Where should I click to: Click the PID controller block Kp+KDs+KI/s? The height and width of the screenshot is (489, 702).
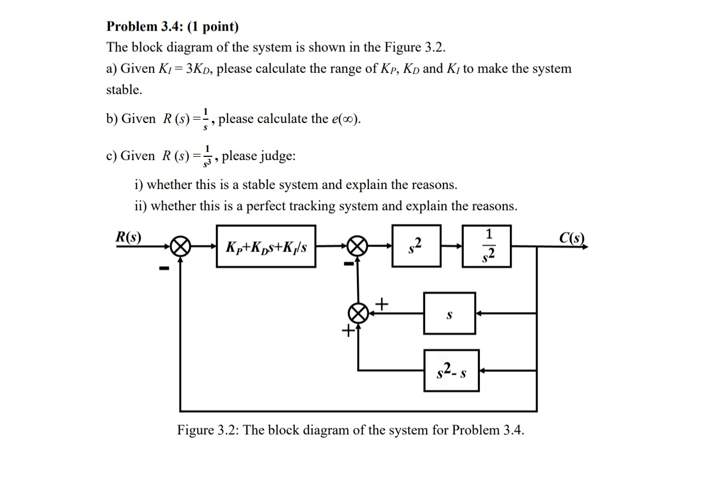pyautogui.click(x=266, y=247)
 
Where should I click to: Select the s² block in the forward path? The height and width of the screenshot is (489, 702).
pyautogui.click(x=416, y=246)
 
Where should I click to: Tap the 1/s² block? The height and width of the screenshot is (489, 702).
pyautogui.click(x=487, y=246)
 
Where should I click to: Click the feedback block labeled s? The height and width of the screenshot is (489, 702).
pyautogui.click(x=449, y=314)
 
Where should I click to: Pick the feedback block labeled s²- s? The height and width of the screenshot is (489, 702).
pyautogui.click(x=451, y=371)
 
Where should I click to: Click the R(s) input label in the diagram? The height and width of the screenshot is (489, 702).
pyautogui.click(x=128, y=237)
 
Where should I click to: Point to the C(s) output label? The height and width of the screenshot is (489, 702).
pyautogui.click(x=572, y=238)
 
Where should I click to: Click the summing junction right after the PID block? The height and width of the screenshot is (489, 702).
pyautogui.click(x=357, y=247)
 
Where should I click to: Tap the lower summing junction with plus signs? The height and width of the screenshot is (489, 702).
pyautogui.click(x=357, y=314)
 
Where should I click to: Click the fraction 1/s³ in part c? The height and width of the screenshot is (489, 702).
pyautogui.click(x=207, y=156)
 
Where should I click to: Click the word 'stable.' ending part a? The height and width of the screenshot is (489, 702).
pyautogui.click(x=124, y=90)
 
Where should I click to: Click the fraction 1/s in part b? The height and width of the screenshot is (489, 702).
pyautogui.click(x=205, y=118)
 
